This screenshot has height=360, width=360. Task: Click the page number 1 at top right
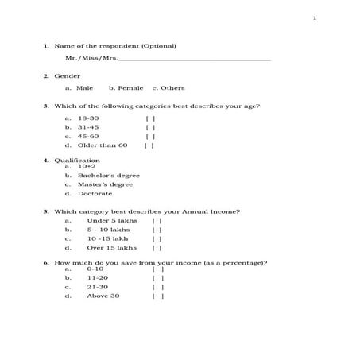click(x=315, y=18)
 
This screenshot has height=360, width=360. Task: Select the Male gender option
click(x=84, y=87)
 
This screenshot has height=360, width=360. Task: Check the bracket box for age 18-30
click(x=150, y=118)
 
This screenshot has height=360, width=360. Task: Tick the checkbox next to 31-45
click(x=150, y=127)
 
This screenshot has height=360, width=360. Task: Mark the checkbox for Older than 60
click(x=149, y=145)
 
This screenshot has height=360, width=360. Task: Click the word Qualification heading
click(x=77, y=161)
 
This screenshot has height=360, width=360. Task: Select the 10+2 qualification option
click(x=87, y=166)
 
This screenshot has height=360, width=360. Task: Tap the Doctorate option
click(x=95, y=193)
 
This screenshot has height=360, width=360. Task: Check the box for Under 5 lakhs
click(x=157, y=220)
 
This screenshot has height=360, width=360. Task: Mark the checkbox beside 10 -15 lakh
click(x=157, y=238)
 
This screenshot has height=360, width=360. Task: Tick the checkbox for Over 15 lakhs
click(x=157, y=248)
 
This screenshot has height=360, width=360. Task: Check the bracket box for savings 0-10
click(x=158, y=269)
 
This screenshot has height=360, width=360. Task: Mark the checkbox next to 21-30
click(x=158, y=287)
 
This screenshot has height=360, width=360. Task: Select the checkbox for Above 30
click(x=158, y=296)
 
